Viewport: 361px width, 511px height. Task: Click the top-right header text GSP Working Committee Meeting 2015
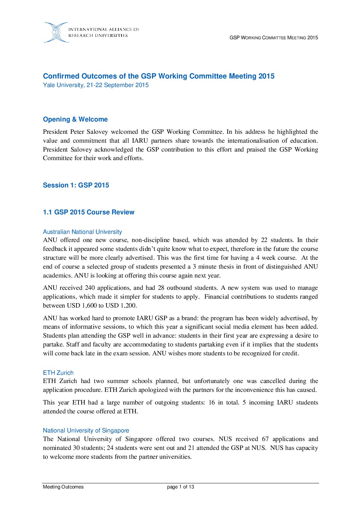click(x=274, y=38)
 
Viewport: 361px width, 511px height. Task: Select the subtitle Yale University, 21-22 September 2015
click(x=96, y=85)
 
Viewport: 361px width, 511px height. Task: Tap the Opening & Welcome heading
click(x=75, y=119)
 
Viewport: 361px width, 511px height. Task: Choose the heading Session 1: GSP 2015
click(x=76, y=185)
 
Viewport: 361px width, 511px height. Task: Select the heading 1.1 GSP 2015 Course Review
click(x=89, y=212)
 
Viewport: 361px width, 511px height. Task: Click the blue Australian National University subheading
click(x=82, y=232)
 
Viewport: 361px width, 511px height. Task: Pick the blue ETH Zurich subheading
click(x=58, y=373)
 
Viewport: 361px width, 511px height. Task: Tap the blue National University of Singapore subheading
click(x=86, y=430)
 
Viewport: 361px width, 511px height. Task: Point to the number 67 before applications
click(x=265, y=439)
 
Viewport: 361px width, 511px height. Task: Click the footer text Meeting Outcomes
click(x=63, y=487)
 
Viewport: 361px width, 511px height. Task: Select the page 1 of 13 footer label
click(x=180, y=487)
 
